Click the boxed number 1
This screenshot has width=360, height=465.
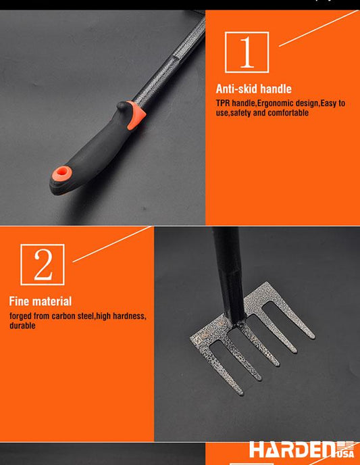(247, 52)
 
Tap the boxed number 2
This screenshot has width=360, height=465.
(43, 264)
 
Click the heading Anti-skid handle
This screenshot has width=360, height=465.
(254, 89)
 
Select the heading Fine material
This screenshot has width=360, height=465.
(41, 301)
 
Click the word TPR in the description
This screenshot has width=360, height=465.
(223, 103)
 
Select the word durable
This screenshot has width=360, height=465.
(22, 326)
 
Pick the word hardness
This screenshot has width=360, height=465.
(129, 316)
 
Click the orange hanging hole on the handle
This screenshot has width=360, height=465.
(62, 173)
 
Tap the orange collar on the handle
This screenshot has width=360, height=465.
(136, 115)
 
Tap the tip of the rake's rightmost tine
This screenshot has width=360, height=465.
(312, 336)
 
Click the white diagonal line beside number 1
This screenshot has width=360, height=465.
(318, 28)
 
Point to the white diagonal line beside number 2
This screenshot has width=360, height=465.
(112, 245)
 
